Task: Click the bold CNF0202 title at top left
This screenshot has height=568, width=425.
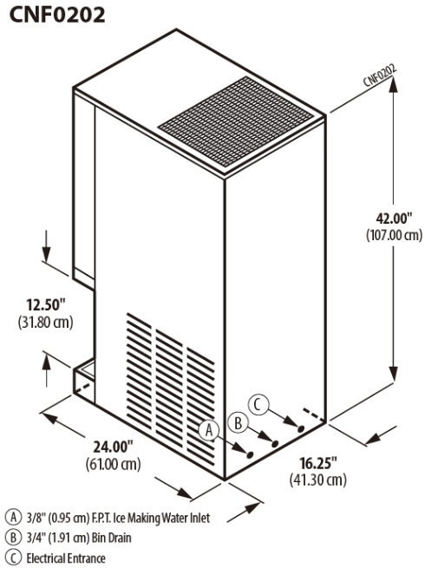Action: [x=57, y=16]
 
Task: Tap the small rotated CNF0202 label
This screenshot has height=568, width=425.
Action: [x=380, y=75]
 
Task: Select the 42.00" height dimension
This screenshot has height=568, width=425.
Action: [x=394, y=219]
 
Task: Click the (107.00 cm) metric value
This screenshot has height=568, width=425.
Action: [x=394, y=235]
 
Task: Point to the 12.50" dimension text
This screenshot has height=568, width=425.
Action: [x=46, y=304]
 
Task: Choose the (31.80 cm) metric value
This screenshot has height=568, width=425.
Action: [x=46, y=322]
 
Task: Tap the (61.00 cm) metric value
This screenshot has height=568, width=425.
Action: [x=113, y=464]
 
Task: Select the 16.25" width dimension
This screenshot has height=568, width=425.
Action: [x=318, y=462]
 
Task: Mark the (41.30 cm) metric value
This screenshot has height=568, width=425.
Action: [x=318, y=480]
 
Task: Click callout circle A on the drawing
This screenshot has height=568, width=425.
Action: [x=209, y=430]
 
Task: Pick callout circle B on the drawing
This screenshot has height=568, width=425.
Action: [x=238, y=422]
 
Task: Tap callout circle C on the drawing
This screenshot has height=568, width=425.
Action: [x=258, y=405]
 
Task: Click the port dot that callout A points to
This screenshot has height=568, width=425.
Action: [x=250, y=454]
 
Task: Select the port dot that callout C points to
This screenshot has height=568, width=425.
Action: [x=301, y=428]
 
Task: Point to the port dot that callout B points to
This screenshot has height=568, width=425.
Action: [x=275, y=443]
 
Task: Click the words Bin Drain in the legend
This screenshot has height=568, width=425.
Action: [x=111, y=538]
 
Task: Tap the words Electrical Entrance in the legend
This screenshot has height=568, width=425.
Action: [x=66, y=558]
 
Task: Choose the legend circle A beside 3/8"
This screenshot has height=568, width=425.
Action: [x=14, y=518]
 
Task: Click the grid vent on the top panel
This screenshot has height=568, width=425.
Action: [x=236, y=121]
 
